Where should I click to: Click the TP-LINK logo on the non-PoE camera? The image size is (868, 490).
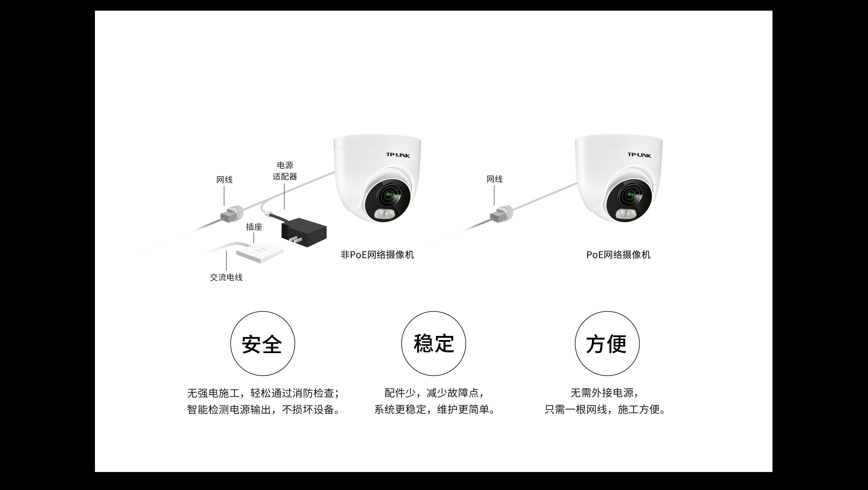coord(398,155)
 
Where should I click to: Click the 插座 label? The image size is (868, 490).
coord(254,227)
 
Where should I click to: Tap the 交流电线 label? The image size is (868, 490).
coord(226,277)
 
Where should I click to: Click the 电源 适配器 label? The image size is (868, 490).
coord(285,171)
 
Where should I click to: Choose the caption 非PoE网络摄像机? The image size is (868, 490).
coord(377,255)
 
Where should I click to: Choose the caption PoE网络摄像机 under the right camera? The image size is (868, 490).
coord(618,255)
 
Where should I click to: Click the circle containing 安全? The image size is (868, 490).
coord(263,343)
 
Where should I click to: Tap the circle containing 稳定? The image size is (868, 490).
coord(434,343)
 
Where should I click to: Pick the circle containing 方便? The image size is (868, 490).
coord(607,343)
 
